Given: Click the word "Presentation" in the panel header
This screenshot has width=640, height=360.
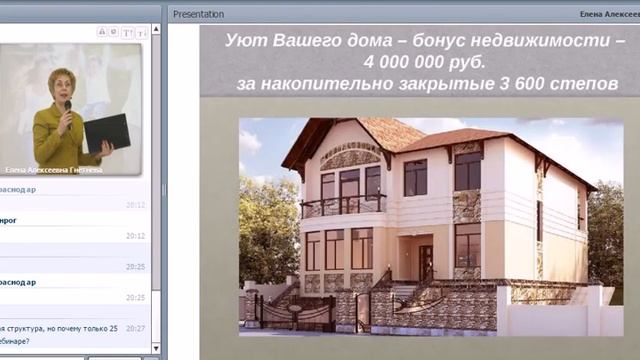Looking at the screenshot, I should click(x=198, y=14).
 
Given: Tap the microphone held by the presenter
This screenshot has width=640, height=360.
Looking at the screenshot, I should click(x=68, y=106).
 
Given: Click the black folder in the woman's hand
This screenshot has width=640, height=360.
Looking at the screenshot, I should click(x=107, y=132).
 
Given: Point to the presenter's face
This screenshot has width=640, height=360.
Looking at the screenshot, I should click(x=62, y=85).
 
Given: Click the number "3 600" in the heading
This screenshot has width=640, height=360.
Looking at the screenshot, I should click(x=520, y=84).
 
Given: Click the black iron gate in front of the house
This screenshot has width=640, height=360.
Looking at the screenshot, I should click(x=295, y=313).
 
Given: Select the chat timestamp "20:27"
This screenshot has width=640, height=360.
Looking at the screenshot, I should click(x=136, y=328).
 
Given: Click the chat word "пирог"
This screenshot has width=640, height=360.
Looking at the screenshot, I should click(x=8, y=220).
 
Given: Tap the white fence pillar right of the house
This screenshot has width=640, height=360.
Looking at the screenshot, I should click(x=504, y=309).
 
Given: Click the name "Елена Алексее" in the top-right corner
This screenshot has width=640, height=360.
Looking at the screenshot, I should click(x=607, y=14).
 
